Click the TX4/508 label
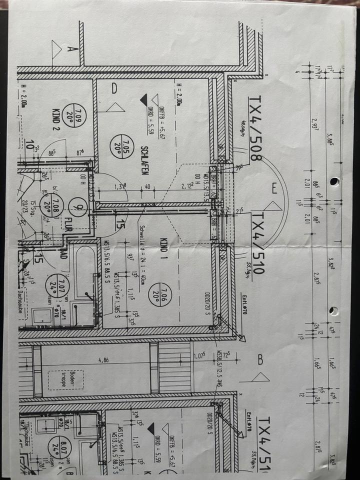[x=255, y=128]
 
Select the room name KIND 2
[x=56, y=118]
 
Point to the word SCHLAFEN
[x=144, y=160]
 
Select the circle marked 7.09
[x=80, y=118]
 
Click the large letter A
[x=70, y=49]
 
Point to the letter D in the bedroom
[x=114, y=89]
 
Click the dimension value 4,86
[x=102, y=359]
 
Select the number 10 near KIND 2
[x=31, y=146]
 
